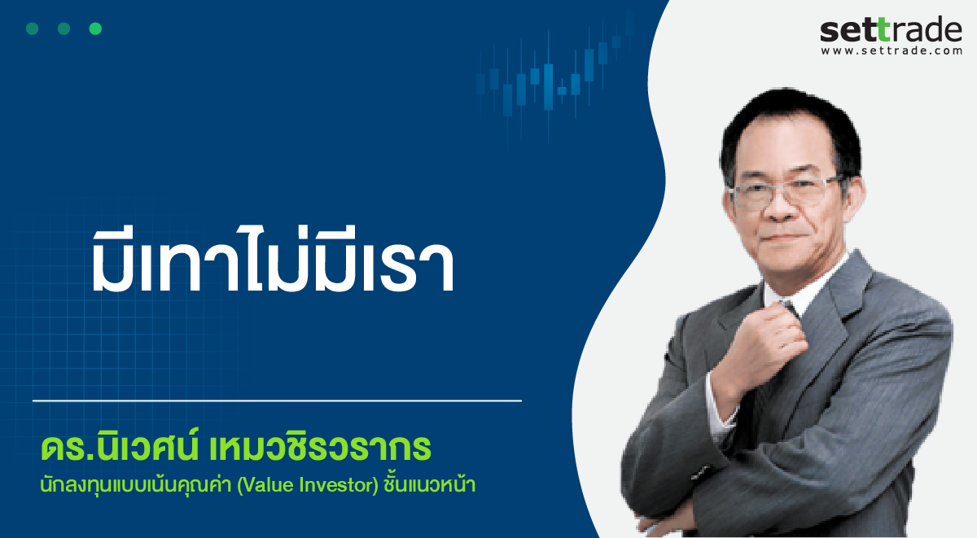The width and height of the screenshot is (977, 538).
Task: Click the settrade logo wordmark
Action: (x=891, y=29)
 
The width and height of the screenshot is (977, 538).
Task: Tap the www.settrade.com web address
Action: (x=892, y=51)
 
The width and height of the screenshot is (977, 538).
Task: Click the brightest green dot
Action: (x=95, y=28)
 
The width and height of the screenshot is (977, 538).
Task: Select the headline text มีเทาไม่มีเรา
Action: (x=273, y=260)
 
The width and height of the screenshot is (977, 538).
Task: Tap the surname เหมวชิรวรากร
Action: (x=321, y=447)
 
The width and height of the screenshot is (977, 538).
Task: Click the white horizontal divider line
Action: (x=277, y=400)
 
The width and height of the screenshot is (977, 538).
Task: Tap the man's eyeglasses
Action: (x=786, y=192)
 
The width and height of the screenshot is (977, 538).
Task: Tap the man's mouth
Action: (x=785, y=238)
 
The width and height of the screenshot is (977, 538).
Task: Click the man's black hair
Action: (x=791, y=126)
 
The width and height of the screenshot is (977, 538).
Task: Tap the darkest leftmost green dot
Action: (x=33, y=28)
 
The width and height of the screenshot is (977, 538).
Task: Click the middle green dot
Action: (x=64, y=28)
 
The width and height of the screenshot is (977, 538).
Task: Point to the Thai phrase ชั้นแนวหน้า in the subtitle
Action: (x=430, y=484)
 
